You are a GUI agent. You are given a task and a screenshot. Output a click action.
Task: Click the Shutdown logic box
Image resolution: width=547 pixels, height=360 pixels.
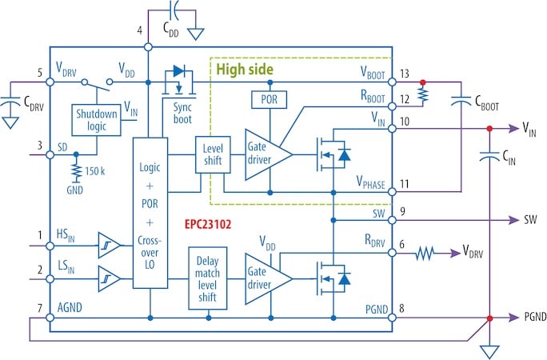click(x=96, y=120)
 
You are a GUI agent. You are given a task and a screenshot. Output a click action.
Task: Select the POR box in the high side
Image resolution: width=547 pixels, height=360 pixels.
click(x=270, y=100)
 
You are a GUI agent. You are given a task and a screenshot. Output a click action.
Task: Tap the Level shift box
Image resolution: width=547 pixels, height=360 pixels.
click(x=213, y=154)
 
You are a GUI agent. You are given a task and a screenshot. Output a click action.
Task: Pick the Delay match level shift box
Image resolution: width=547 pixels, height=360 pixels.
click(x=208, y=278)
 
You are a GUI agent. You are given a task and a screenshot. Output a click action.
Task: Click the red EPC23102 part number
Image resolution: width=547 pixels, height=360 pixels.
click(x=208, y=224)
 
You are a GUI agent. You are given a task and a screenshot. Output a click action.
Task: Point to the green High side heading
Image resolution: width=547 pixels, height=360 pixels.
click(x=245, y=69)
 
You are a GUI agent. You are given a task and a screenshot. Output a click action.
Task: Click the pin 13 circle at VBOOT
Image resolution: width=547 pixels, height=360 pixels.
click(x=392, y=82)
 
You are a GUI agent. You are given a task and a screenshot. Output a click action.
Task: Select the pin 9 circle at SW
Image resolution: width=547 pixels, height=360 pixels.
click(x=392, y=220)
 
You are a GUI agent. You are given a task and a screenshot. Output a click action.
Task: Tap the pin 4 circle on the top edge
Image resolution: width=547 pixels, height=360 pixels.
click(x=148, y=46)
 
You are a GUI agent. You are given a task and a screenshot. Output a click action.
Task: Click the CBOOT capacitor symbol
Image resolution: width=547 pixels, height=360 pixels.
click(x=461, y=101)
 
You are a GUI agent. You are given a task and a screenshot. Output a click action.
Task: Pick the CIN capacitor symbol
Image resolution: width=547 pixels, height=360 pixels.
click(x=489, y=156)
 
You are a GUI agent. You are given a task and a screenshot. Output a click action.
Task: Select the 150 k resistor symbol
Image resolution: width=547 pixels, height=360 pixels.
click(x=76, y=171)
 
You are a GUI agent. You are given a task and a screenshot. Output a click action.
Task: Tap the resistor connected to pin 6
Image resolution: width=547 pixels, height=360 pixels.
click(x=425, y=253)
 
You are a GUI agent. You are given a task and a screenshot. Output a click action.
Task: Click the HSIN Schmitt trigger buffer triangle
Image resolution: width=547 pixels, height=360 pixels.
click(x=109, y=246)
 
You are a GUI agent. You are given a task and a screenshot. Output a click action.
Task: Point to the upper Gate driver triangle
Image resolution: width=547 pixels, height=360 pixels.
click(x=268, y=154)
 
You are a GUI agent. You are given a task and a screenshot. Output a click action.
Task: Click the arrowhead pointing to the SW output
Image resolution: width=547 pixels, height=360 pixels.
click(x=514, y=220)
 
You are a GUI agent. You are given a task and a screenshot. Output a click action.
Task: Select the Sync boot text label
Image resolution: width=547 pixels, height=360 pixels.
click(x=182, y=114)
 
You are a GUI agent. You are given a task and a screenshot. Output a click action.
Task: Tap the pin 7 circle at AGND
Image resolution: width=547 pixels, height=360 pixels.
click(x=50, y=318)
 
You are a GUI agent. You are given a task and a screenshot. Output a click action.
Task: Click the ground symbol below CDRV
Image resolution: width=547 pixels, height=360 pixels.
click(x=10, y=123)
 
